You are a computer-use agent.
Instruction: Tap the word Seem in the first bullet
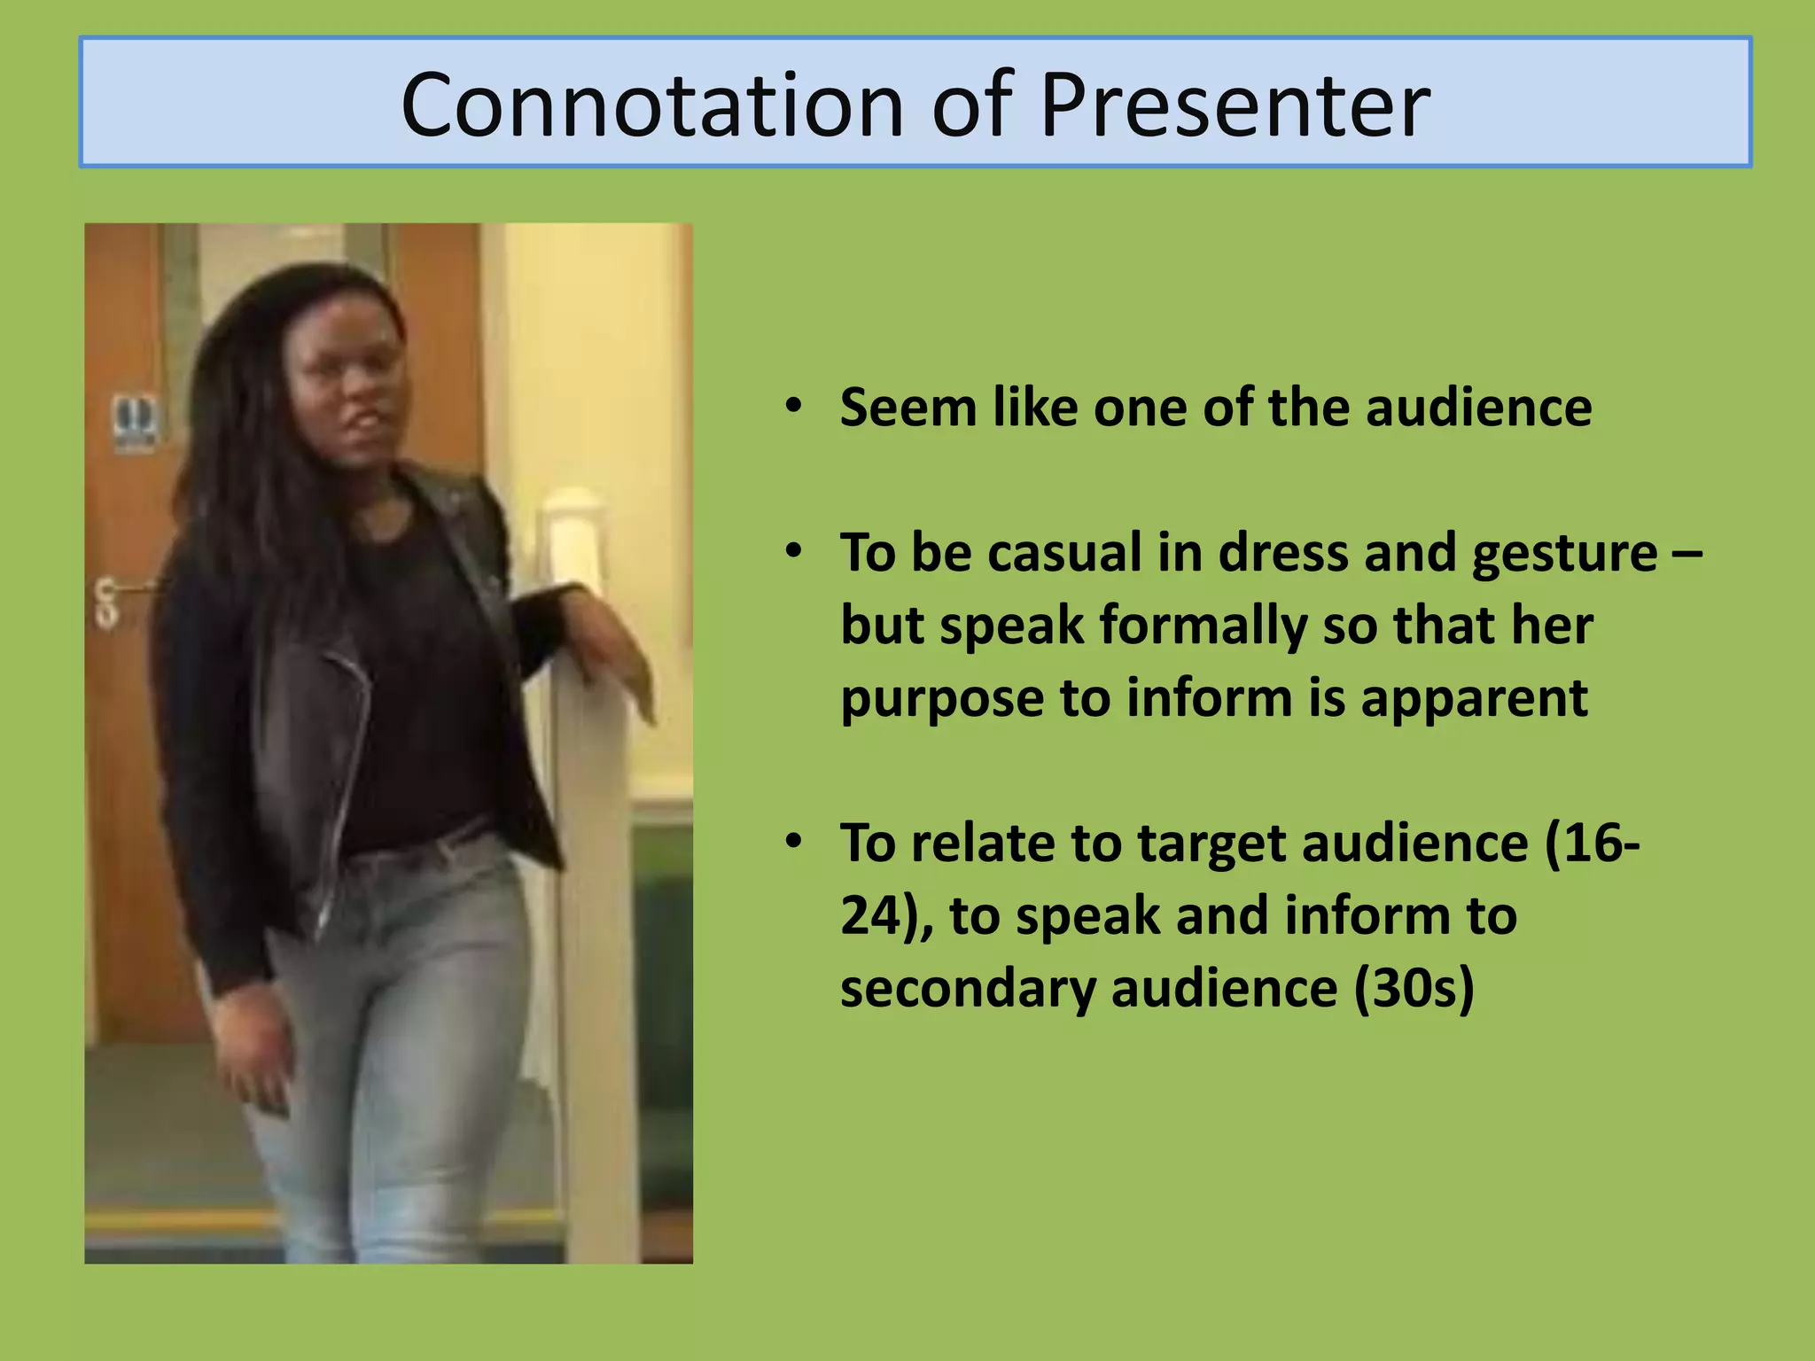tap(907, 408)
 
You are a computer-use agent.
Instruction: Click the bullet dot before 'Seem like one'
tap(793, 407)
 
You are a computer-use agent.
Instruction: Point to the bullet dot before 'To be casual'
tap(793, 551)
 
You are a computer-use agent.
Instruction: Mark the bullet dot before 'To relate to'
tap(793, 841)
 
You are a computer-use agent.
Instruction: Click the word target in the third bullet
tap(1211, 844)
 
